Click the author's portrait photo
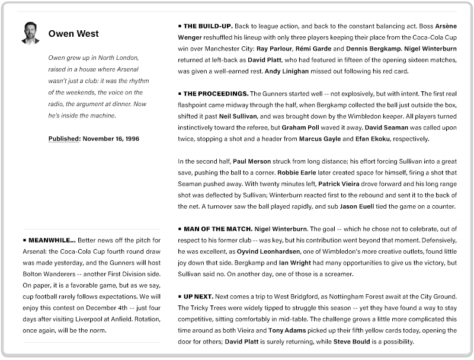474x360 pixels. (30, 33)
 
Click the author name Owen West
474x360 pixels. (73, 34)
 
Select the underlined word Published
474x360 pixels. (64, 139)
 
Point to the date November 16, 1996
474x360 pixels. (111, 139)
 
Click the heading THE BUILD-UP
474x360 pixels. (208, 27)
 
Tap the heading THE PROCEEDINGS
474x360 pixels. (215, 94)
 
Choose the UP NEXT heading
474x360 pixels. (197, 296)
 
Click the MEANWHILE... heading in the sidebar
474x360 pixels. (52, 240)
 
